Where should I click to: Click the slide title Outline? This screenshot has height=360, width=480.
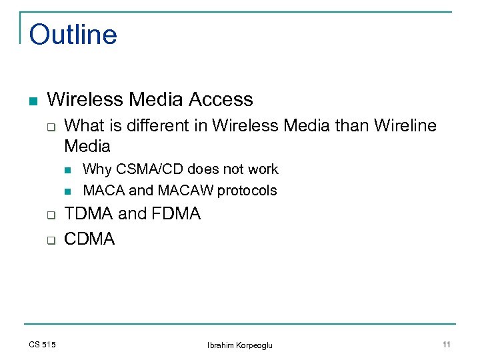coord(73,35)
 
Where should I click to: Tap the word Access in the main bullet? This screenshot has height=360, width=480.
coord(221,100)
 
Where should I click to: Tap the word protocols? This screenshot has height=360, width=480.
coord(247,191)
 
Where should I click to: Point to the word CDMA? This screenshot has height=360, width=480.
coord(89,239)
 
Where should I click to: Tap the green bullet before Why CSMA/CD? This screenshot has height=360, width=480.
coord(67,171)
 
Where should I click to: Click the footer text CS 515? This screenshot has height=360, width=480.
coord(42,344)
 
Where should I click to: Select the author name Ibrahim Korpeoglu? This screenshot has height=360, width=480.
coord(240,345)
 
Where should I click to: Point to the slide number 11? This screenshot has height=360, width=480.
coord(446,344)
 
